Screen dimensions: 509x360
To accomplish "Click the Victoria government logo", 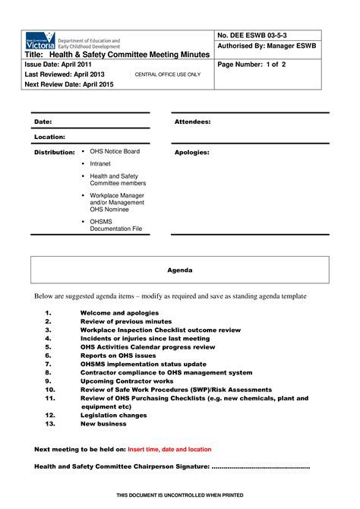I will click(40, 41).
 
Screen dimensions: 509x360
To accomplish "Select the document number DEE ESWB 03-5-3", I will click(252, 36).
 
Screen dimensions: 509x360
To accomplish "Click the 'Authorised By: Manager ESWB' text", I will click(267, 46).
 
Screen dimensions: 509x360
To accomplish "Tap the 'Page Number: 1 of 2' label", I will click(252, 65).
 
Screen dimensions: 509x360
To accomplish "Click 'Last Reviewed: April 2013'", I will click(66, 75).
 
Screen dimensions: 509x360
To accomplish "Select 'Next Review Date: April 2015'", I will click(72, 85).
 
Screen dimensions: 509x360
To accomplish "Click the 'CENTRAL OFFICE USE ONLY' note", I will click(168, 75).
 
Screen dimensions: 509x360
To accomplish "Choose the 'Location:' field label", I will click(49, 137).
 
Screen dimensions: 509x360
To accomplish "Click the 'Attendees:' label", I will click(192, 122).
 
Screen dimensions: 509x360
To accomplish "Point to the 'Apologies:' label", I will click(191, 152).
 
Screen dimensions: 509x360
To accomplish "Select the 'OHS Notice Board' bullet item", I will click(115, 151).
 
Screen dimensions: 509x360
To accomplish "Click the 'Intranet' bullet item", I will click(100, 163).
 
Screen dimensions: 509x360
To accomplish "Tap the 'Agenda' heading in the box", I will click(180, 270).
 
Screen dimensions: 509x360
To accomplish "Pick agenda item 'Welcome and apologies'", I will click(119, 313).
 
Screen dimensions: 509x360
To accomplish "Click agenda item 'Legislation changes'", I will click(114, 416).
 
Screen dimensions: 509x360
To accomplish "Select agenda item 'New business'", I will click(103, 424).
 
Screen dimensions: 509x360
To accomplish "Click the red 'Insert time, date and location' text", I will click(169, 449).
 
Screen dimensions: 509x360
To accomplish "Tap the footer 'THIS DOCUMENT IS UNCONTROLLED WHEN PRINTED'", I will click(180, 495).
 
